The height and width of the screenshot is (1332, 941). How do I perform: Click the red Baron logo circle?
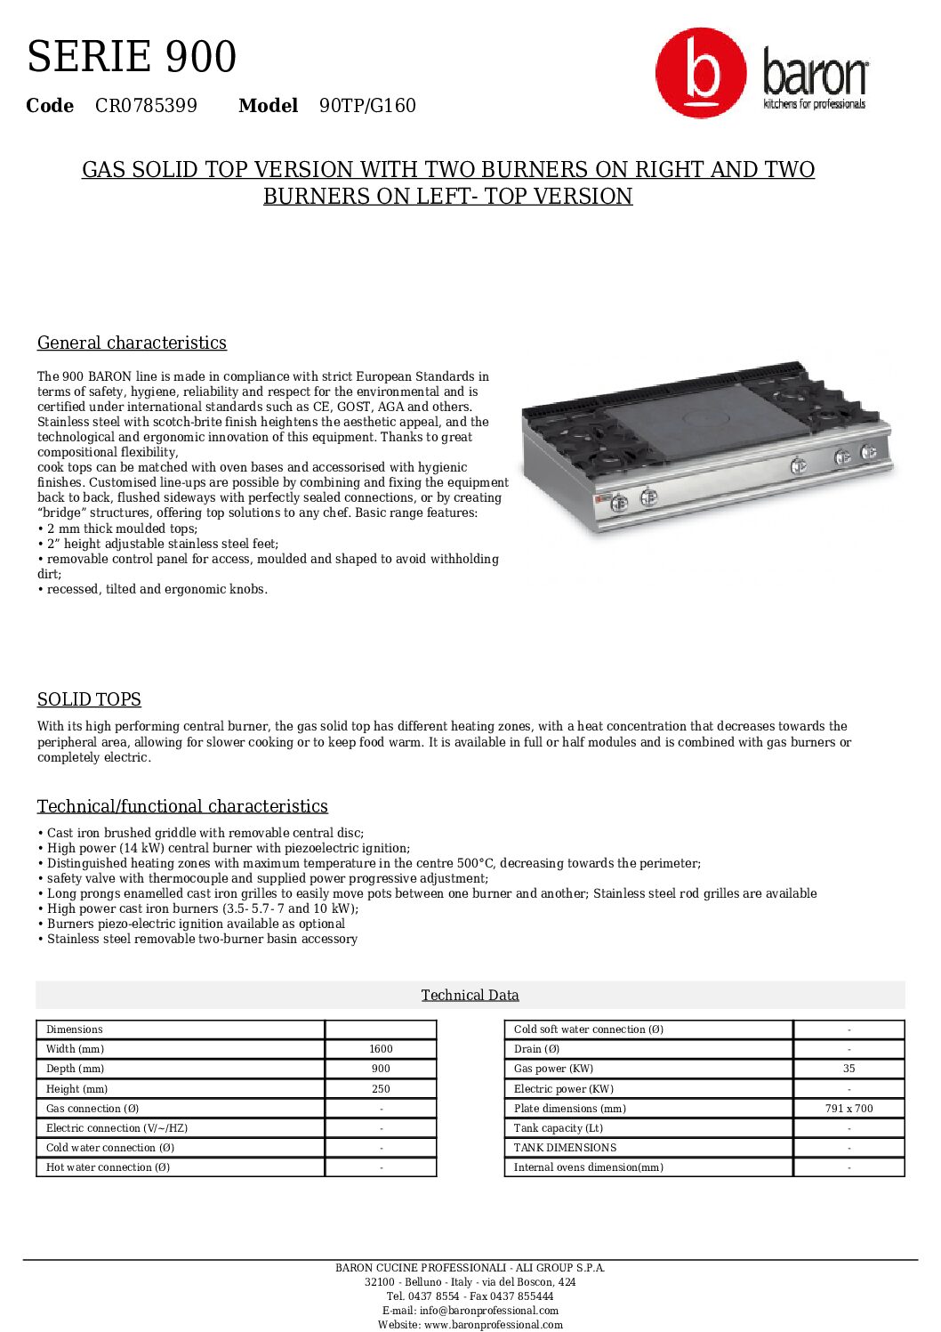(701, 73)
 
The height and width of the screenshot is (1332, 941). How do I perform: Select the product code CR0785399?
(146, 106)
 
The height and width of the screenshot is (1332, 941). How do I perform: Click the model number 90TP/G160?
(367, 106)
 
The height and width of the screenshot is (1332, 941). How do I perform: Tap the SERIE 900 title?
(132, 57)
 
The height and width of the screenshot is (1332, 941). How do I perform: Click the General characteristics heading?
(132, 343)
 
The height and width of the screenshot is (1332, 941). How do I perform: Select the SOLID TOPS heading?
(89, 699)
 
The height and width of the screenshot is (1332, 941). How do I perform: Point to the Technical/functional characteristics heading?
(182, 806)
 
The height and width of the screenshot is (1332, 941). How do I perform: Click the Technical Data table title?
(470, 995)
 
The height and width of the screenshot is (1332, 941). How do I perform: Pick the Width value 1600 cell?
(381, 1049)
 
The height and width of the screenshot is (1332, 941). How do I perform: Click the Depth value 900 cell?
(381, 1069)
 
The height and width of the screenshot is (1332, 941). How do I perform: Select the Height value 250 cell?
(381, 1088)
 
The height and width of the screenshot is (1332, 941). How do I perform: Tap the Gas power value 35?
(849, 1069)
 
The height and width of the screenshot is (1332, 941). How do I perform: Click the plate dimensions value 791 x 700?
(849, 1109)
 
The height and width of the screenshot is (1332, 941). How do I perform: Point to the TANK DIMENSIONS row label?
(565, 1148)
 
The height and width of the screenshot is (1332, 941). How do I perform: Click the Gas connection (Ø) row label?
(92, 1109)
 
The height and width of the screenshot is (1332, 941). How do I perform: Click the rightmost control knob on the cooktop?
(869, 451)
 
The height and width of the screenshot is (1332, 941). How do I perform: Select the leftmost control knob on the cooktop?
(620, 502)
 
